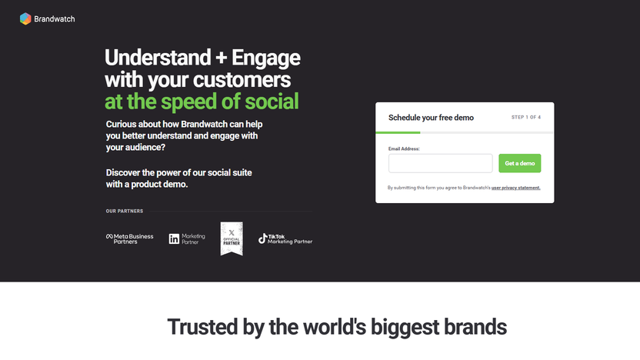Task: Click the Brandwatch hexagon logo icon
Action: pos(25,19)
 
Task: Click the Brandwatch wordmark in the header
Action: pos(55,19)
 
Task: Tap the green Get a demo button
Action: pos(519,163)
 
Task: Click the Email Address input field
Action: pos(440,163)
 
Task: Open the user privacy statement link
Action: pos(516,188)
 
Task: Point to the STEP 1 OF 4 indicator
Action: pos(526,118)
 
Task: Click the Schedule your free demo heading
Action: pos(431,118)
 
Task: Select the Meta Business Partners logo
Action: pos(129,238)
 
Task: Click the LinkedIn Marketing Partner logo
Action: pos(187,238)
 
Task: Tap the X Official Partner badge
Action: pos(232,238)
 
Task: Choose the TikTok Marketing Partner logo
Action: pos(285,238)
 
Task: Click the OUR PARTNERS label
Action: pos(125,211)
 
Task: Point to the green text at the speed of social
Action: pos(202,102)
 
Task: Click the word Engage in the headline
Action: pos(265,58)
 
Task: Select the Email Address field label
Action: pos(404,148)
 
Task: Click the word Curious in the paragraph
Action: pos(123,124)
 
